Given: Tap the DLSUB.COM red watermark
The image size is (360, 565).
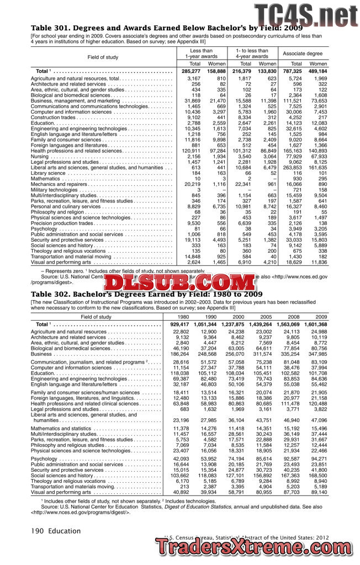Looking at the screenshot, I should click(180, 283).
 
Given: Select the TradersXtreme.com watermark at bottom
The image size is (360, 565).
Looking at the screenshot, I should click(257, 547).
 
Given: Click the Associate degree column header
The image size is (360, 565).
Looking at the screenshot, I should click(303, 54).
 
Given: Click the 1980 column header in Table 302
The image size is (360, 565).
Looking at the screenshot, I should click(183, 317).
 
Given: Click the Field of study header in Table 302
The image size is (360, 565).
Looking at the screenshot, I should click(96, 317).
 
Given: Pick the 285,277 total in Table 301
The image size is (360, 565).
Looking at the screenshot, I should click(192, 71).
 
